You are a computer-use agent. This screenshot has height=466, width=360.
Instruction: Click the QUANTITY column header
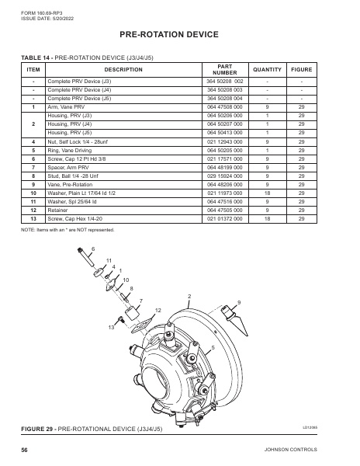(x=267, y=69)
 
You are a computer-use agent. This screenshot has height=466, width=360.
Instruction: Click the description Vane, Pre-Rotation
(x=74, y=184)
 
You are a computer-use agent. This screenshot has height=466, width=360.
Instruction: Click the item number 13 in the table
(x=33, y=217)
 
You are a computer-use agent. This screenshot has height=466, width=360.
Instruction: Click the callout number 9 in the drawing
(x=239, y=301)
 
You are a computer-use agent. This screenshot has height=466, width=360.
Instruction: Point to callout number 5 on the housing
(x=213, y=346)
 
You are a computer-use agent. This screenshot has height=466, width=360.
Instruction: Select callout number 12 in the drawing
(x=157, y=310)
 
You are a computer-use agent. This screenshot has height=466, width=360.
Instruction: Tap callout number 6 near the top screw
(x=93, y=248)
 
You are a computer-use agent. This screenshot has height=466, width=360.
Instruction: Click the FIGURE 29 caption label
(x=92, y=429)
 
